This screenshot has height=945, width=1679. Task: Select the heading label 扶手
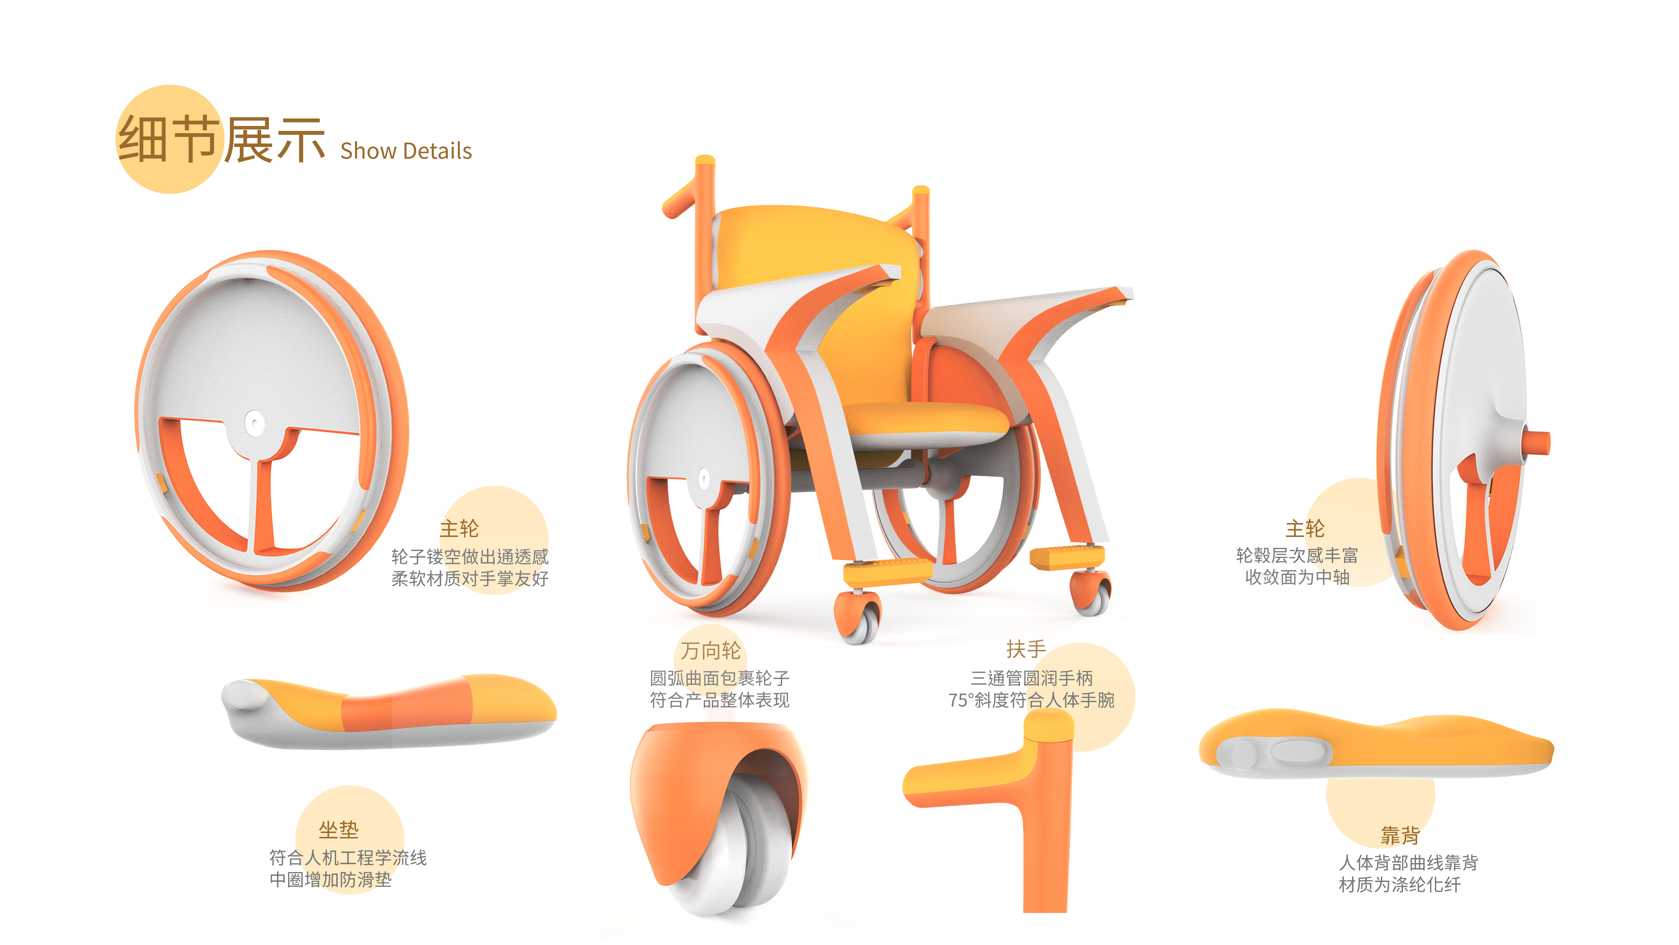1026,649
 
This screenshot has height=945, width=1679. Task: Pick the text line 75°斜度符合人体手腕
1031,700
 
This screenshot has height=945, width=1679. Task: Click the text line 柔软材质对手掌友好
469,579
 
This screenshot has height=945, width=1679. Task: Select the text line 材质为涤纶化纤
1399,885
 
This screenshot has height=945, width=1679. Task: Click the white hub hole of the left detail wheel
254,423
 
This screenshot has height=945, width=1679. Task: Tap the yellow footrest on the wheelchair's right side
1066,558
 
